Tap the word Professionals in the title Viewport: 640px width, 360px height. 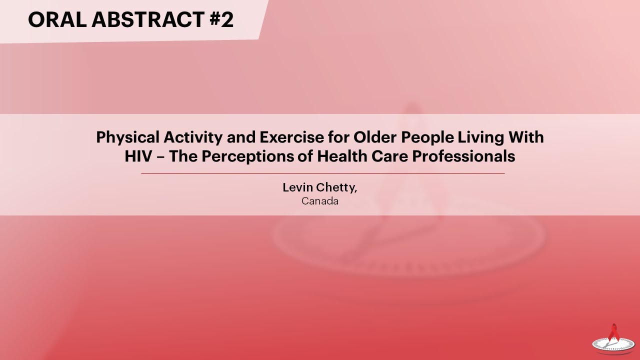[464, 156]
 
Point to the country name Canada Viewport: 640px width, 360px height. [320, 201]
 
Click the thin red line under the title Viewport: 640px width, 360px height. [322, 173]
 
